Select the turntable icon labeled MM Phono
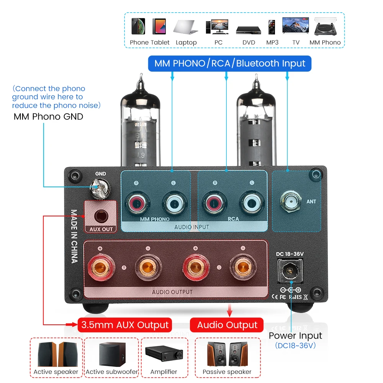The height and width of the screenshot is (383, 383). tap(325, 26)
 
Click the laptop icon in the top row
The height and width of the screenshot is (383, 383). tap(186, 27)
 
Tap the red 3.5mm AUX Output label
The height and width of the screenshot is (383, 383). tap(125, 325)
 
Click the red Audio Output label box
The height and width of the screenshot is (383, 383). tap(227, 325)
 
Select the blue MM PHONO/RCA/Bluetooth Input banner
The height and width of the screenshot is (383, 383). tap(230, 63)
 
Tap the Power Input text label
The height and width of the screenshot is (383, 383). tap(295, 336)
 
